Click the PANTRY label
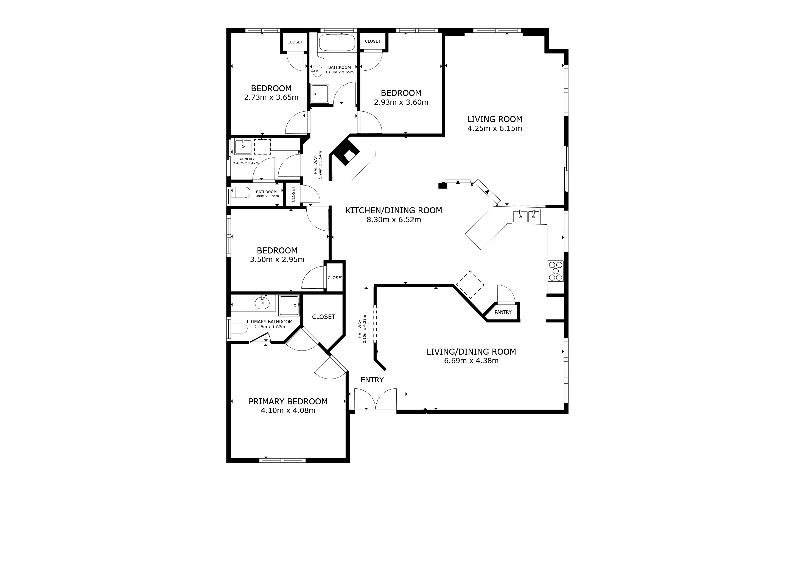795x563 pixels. click(503, 312)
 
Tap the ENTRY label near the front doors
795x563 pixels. click(372, 380)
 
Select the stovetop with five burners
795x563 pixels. click(555, 271)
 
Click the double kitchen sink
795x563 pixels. click(526, 217)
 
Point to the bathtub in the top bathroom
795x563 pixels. click(337, 43)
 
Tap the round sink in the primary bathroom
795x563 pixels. click(262, 303)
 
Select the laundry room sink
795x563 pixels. click(243, 147)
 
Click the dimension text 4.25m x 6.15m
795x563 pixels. click(494, 129)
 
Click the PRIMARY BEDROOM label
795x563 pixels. click(288, 401)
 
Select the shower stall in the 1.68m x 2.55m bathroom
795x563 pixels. click(319, 93)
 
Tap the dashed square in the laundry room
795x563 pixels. click(262, 147)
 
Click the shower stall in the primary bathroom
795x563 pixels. click(289, 305)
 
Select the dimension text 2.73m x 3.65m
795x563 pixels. click(271, 97)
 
